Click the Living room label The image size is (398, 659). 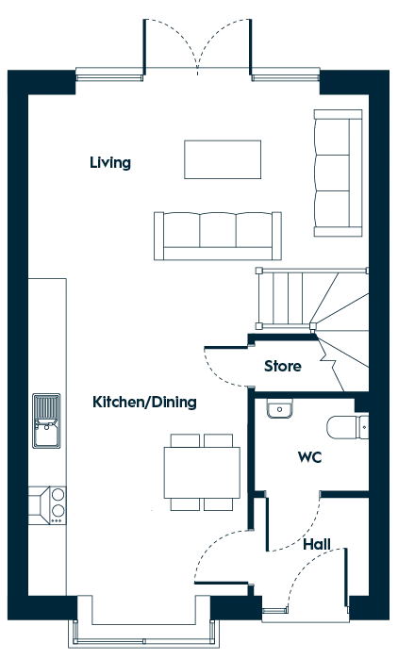110,162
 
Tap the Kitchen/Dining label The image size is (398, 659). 144,403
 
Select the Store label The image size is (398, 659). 283,366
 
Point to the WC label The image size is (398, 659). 309,457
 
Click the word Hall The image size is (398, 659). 317,545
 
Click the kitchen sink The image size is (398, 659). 46,420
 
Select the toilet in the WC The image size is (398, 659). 348,426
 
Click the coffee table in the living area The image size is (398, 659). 223,159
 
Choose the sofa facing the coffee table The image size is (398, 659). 218,236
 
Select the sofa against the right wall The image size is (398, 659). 338,173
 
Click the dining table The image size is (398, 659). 202,472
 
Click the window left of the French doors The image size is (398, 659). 109,77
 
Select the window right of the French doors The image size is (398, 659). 286,77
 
